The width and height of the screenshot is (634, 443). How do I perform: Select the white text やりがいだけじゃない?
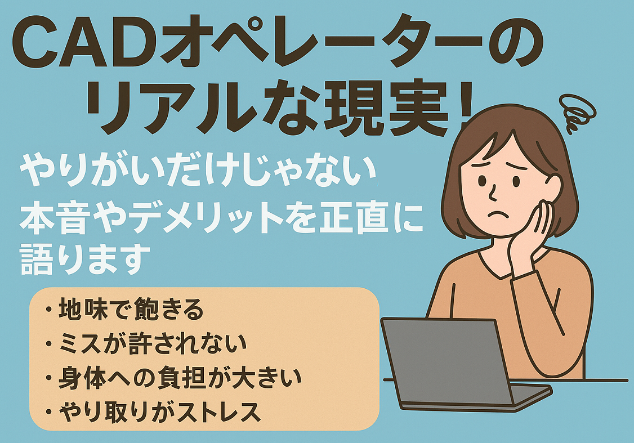coord(198,170)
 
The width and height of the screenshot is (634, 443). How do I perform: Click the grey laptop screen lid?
coord(445,360)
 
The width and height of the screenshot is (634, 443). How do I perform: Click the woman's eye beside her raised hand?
coord(516,181)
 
